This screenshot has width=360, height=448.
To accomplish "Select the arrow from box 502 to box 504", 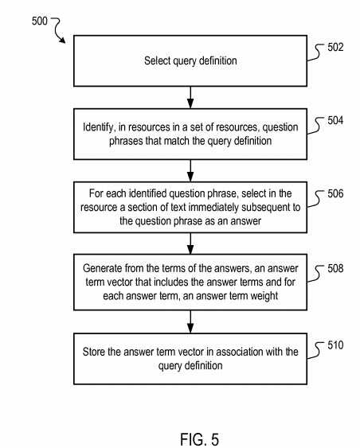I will click(x=190, y=97).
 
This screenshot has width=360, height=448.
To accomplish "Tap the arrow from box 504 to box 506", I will click(x=190, y=170).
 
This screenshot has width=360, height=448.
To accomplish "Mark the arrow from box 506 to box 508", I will click(x=190, y=243).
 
